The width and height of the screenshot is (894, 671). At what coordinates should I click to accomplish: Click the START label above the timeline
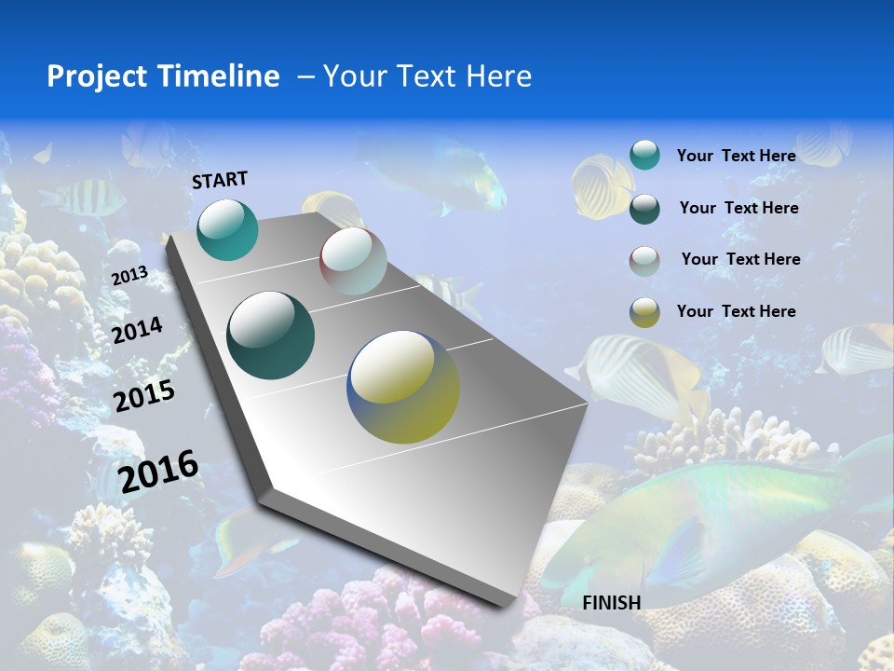point(220,180)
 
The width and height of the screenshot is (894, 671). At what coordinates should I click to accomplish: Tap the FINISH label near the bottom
point(612,602)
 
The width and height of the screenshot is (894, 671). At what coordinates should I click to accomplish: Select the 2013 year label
point(129,276)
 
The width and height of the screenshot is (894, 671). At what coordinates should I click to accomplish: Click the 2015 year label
point(144,396)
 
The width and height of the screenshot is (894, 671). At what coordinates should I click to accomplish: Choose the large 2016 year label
point(159,472)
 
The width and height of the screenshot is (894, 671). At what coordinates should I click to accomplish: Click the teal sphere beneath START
point(227,229)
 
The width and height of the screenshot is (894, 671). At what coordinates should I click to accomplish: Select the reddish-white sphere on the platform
point(353,261)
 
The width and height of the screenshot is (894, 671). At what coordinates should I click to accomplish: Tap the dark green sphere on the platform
point(271,335)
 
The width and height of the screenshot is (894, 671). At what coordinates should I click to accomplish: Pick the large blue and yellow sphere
point(403,387)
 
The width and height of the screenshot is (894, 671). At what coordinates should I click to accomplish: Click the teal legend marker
point(644,155)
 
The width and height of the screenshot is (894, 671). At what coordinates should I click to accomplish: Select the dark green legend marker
point(644,208)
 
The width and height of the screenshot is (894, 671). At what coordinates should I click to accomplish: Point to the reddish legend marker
point(644,260)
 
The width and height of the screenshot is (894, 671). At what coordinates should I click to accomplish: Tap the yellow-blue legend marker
point(644,312)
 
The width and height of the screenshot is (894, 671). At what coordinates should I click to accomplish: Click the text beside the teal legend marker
point(736,156)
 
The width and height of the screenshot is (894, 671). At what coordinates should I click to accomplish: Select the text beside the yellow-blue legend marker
point(736,311)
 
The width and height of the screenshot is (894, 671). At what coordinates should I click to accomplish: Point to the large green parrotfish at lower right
point(708,522)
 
